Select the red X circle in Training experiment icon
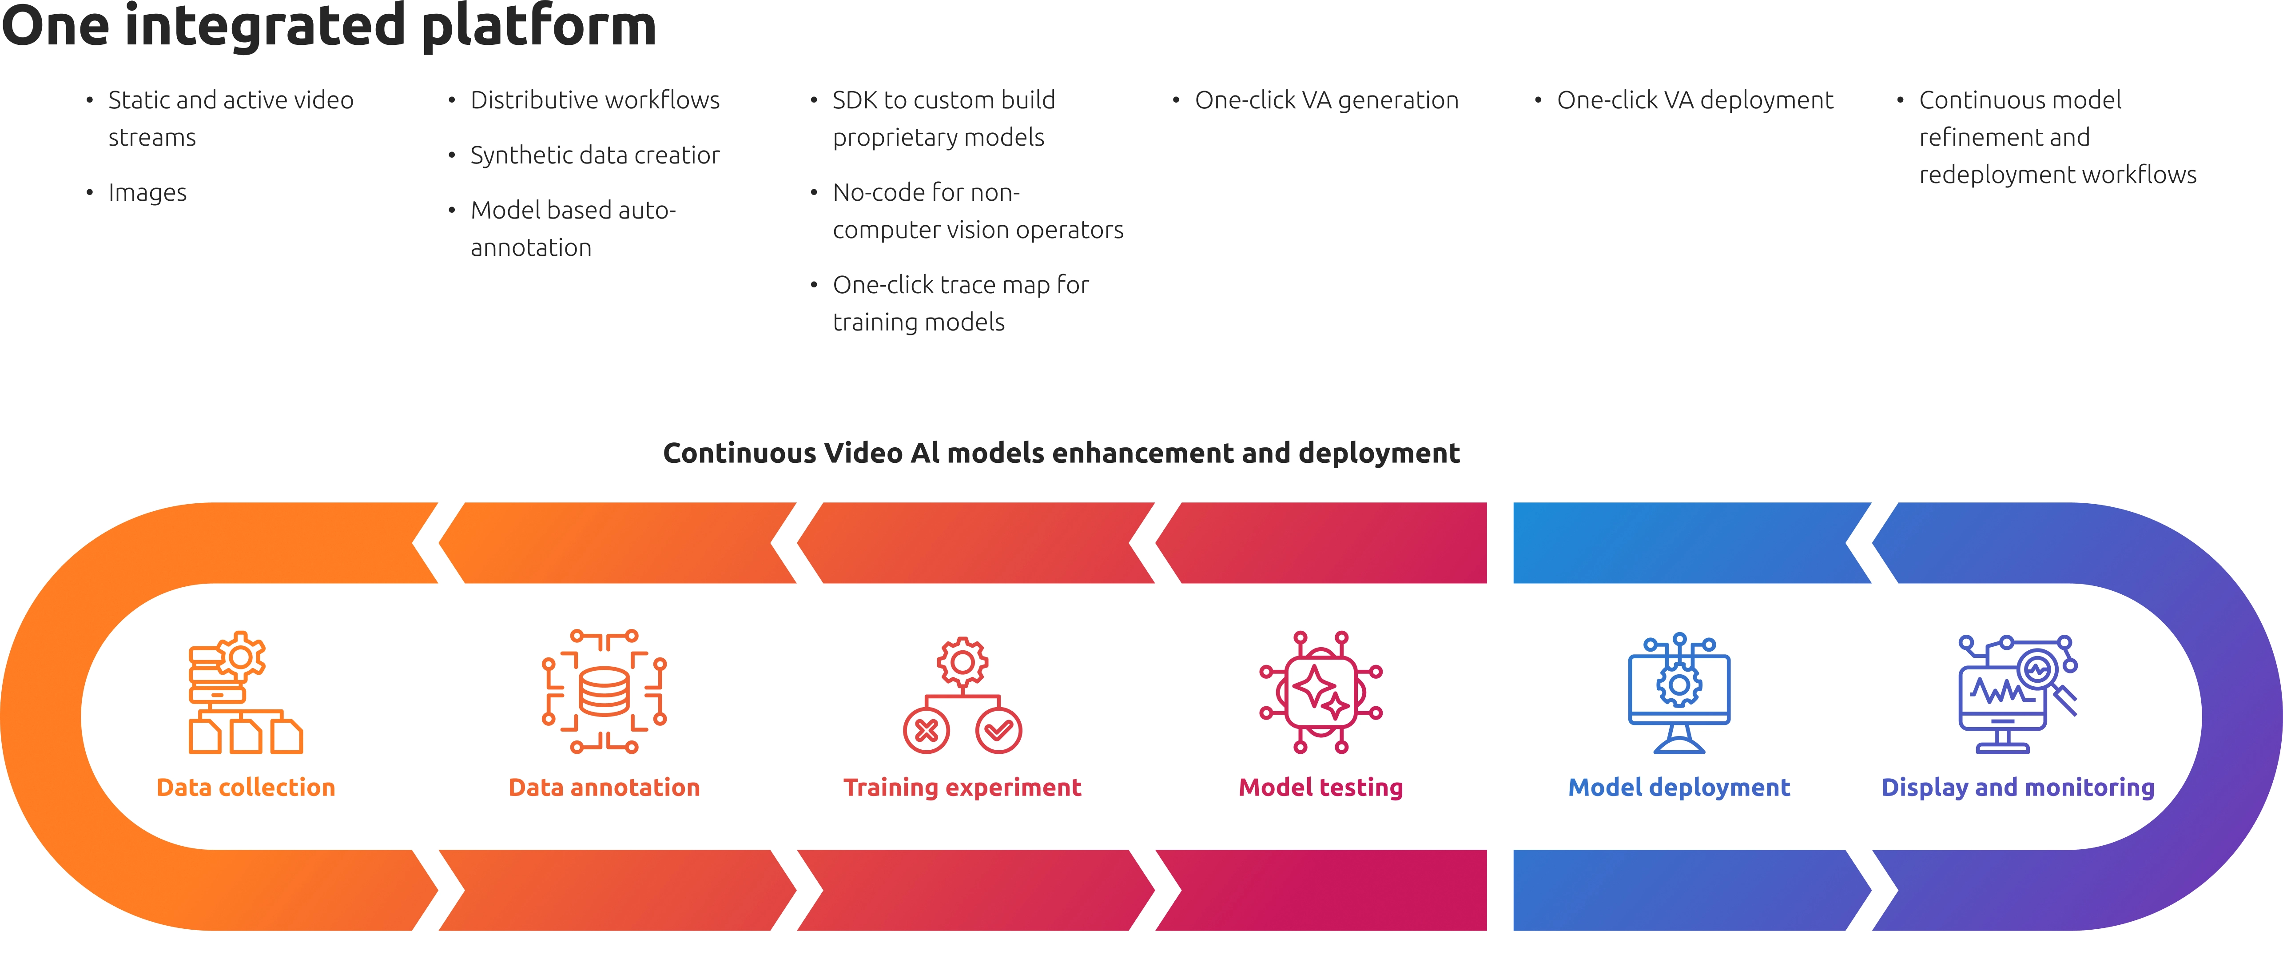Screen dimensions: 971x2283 tap(926, 731)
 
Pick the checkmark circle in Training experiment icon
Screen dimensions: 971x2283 tap(999, 731)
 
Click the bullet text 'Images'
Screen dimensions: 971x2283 tap(147, 192)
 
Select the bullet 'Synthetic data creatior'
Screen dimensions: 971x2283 tap(595, 155)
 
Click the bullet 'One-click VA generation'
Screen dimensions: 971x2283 tap(1326, 100)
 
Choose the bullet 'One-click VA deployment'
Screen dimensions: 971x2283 tap(1694, 100)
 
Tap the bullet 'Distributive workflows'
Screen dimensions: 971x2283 tap(595, 100)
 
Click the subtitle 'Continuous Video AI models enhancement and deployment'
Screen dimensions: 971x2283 tap(1061, 453)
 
